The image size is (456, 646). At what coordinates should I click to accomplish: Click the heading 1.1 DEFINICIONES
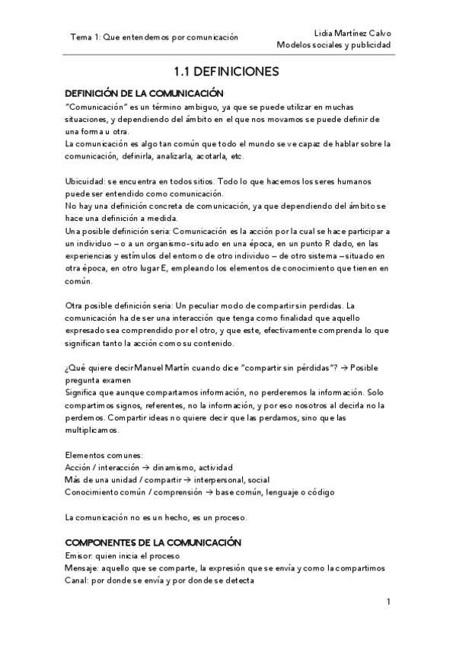tap(227, 73)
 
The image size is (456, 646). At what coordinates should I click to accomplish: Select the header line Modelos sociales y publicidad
tap(333, 45)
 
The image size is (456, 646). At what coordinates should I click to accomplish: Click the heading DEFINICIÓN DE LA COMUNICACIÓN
tap(144, 93)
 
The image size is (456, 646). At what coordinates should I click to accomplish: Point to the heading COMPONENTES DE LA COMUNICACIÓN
tap(153, 542)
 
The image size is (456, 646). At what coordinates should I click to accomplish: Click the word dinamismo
tap(170, 467)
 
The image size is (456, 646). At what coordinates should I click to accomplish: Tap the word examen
tap(116, 380)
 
